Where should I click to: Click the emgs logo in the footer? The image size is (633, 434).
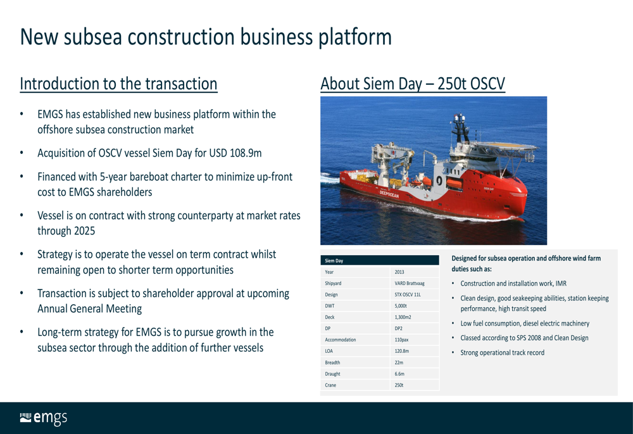(x=44, y=418)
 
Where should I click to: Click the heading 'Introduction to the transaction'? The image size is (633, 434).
(x=119, y=84)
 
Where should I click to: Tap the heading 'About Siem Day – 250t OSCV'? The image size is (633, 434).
(x=413, y=84)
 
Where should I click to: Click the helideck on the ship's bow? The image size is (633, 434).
(x=504, y=146)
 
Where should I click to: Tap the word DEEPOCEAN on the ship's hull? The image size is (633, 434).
(x=389, y=194)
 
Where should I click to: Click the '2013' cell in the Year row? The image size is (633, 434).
(x=399, y=272)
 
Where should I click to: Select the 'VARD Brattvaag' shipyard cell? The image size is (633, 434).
(x=410, y=283)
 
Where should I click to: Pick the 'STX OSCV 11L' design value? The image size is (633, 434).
(x=407, y=295)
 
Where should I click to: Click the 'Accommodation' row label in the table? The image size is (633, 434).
(x=341, y=340)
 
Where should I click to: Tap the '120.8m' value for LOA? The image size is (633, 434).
(x=402, y=351)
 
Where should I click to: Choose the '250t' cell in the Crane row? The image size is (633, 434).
(x=399, y=385)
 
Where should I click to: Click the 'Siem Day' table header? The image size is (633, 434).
(x=334, y=260)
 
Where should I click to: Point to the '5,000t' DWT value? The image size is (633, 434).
(x=401, y=306)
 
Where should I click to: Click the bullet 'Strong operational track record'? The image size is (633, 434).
(x=502, y=353)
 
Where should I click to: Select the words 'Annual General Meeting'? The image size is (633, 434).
(x=90, y=309)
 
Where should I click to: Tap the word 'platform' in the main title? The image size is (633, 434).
(x=355, y=38)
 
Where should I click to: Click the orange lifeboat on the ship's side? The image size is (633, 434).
(x=454, y=184)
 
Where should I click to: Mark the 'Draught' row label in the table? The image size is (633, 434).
(x=333, y=374)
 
